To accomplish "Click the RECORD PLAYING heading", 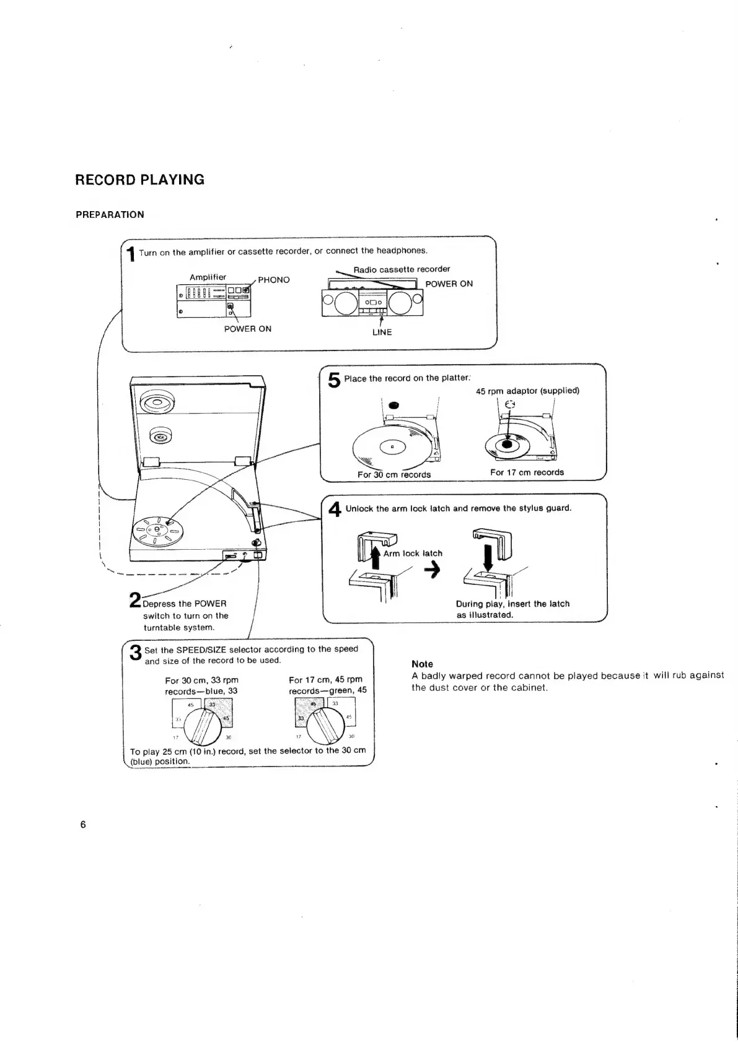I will click(x=139, y=180).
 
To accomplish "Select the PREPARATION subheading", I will click(x=110, y=215).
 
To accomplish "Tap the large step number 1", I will click(x=131, y=254).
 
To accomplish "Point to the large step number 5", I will click(x=334, y=380).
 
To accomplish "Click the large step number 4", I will click(x=335, y=510).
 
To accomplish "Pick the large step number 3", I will click(x=135, y=653).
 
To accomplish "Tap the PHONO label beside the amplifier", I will click(x=274, y=280).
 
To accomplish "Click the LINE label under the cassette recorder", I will click(x=382, y=332).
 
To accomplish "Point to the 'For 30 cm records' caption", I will click(x=394, y=475).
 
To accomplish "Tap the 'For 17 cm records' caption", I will click(x=527, y=472).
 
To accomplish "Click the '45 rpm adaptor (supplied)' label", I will click(x=527, y=391).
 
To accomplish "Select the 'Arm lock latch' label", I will click(x=413, y=554).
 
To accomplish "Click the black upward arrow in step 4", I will click(x=375, y=556).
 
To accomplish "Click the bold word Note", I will click(x=422, y=664).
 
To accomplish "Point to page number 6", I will click(x=82, y=825).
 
